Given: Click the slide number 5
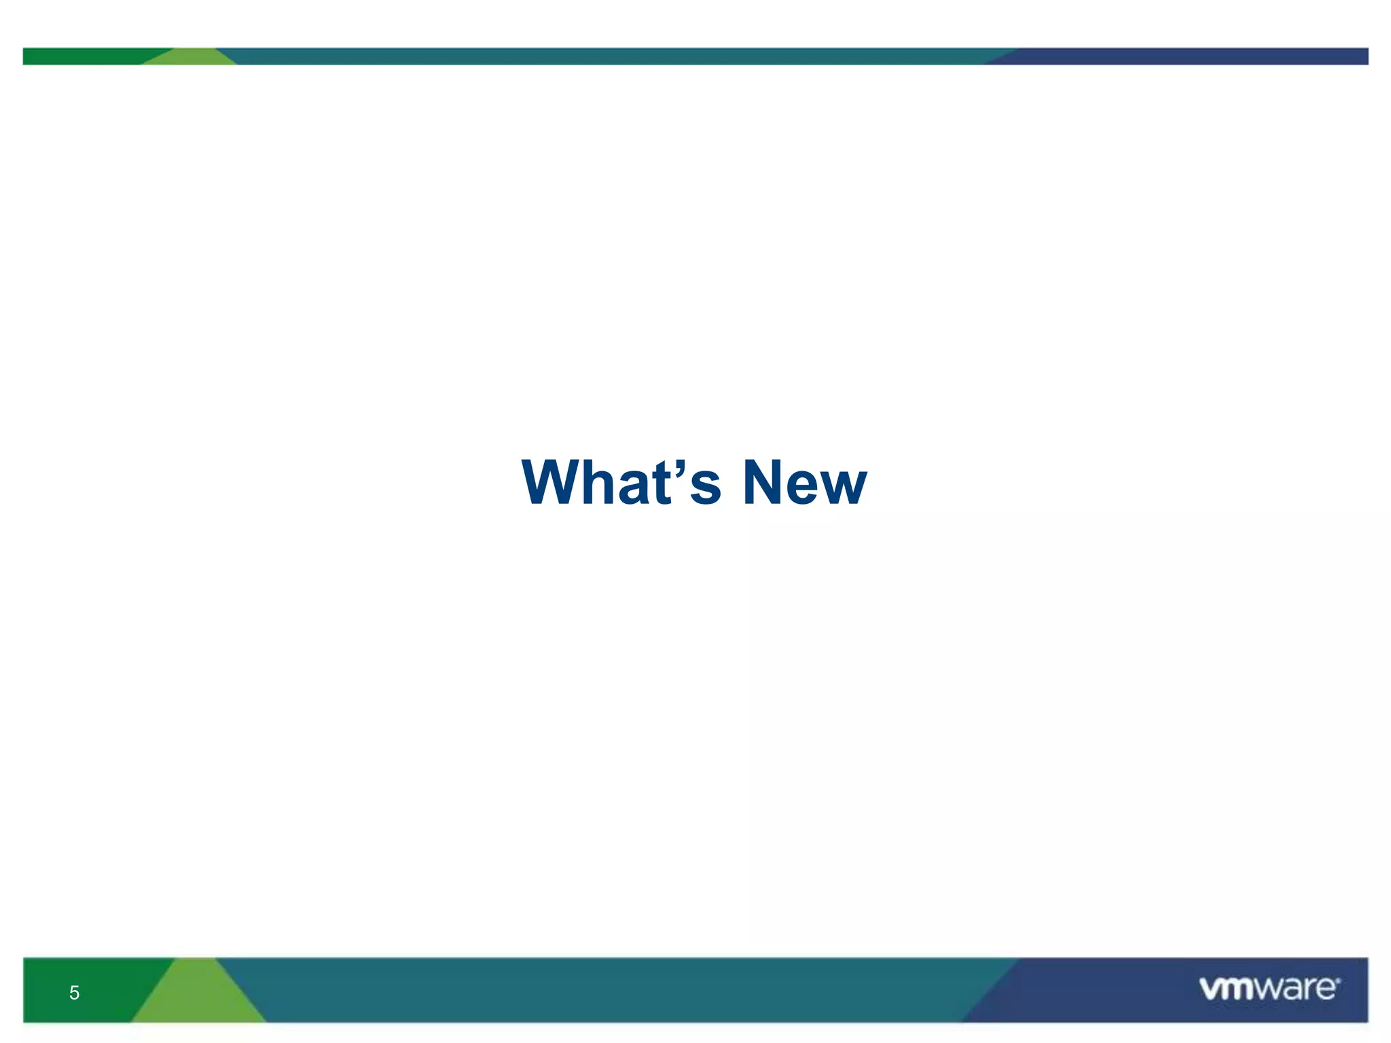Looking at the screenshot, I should coord(74,993).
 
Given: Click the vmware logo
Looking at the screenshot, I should coord(1269,989).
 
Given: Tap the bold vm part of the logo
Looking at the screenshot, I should coord(1227,989).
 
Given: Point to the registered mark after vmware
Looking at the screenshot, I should coord(1338,980).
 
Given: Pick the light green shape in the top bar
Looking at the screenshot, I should coord(190,58).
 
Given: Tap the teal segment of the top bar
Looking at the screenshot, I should coord(611,56).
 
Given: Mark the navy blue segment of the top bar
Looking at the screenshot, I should coord(1189,56).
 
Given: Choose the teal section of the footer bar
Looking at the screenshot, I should coord(611,990).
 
